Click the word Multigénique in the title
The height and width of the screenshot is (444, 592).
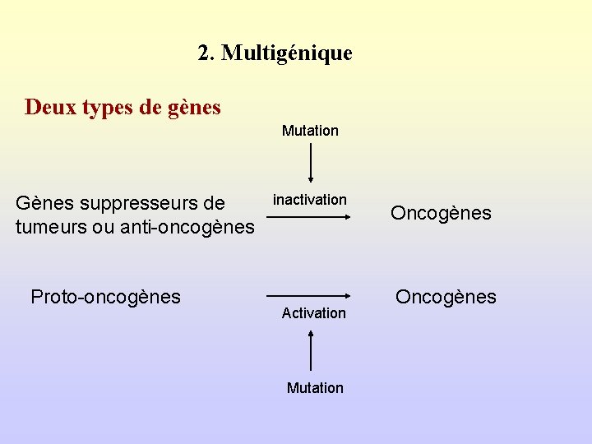coord(287,53)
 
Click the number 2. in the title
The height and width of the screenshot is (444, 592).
coord(206,53)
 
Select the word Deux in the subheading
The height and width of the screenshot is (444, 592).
coord(51,107)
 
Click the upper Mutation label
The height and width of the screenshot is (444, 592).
coord(310,131)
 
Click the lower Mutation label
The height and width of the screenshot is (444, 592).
coord(315,388)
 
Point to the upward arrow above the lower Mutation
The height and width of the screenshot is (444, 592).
coord(311,350)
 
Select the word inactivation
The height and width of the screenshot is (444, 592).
coord(310,200)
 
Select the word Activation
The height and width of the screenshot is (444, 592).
coord(313,313)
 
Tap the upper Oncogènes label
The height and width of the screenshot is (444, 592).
coord(441,214)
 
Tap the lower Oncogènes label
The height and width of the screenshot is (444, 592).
coord(446,297)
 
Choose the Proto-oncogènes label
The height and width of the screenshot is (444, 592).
coord(105,297)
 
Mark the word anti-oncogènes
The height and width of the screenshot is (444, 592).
coord(187,227)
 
